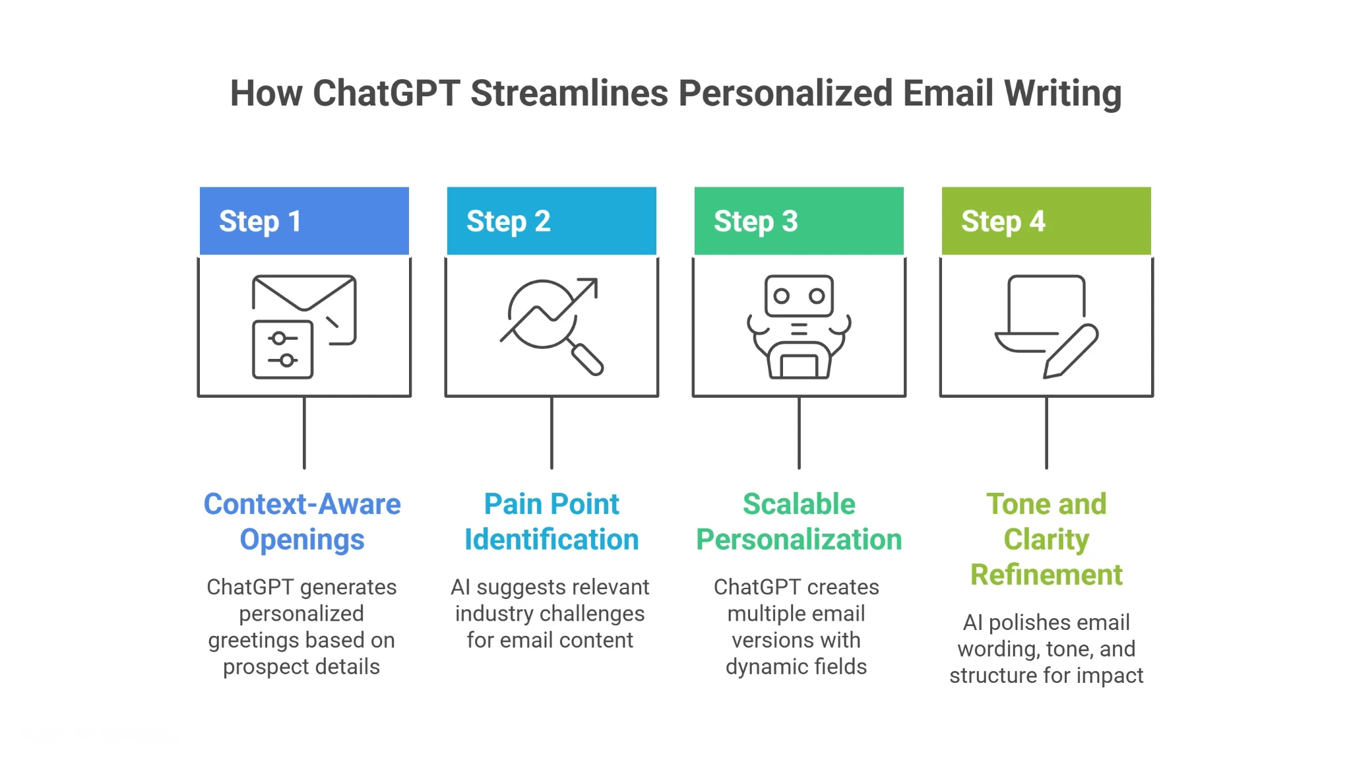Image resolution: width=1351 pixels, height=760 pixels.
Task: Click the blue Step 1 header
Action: coord(304,221)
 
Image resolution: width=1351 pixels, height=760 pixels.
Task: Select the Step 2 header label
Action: coord(508,222)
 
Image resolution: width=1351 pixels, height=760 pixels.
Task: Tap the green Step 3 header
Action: coord(799,221)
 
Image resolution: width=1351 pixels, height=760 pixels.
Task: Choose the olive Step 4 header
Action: coord(1046,221)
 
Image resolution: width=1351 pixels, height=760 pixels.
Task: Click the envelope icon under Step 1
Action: coord(304,293)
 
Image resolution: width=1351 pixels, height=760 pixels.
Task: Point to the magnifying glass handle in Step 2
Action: coord(587,360)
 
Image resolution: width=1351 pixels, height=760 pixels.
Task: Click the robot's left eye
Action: coord(782,296)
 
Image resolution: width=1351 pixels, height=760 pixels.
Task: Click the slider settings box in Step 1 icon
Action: coord(282,350)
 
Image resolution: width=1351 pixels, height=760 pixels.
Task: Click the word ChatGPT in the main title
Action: coord(386,93)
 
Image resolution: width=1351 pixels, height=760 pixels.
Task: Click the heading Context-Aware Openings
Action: coord(302,521)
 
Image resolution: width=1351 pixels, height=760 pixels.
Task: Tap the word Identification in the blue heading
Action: coord(551,540)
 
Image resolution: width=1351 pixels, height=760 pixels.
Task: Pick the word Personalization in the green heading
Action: coord(799,540)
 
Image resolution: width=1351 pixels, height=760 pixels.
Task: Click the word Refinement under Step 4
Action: coord(1046,575)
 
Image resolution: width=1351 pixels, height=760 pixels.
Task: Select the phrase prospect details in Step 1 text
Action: coord(301,667)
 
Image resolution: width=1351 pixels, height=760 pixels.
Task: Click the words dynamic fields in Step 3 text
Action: coord(796,667)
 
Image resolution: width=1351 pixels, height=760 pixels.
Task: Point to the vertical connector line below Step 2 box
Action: coord(551,433)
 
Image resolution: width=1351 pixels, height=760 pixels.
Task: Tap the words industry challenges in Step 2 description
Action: coord(550,614)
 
